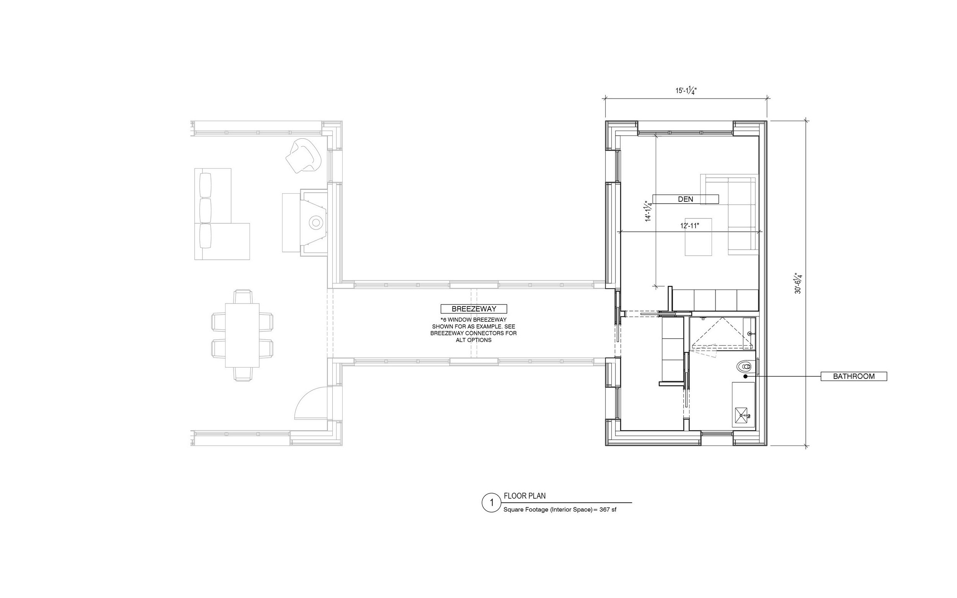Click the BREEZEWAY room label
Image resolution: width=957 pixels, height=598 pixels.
pos(474,309)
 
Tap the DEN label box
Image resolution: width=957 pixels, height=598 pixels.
pos(685,199)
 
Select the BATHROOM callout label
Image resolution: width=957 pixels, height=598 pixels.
pos(854,376)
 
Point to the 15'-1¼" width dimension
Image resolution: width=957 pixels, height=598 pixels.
pos(686,91)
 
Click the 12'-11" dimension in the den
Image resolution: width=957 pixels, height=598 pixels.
pos(689,226)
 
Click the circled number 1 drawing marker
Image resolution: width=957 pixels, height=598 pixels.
pos(492,503)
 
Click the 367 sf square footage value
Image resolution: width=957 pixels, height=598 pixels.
pos(608,510)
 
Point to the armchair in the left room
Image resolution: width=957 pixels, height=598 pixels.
pos(304,155)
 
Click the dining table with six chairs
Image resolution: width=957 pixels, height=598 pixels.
pos(242,336)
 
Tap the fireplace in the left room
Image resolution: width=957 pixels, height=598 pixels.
pos(314,222)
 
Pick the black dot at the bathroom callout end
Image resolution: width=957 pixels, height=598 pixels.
pos(745,376)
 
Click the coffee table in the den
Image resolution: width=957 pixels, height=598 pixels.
pos(698,237)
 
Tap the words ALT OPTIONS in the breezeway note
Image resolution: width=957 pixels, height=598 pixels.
pos(474,340)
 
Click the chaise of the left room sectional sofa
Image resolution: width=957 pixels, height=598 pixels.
pos(230,241)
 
